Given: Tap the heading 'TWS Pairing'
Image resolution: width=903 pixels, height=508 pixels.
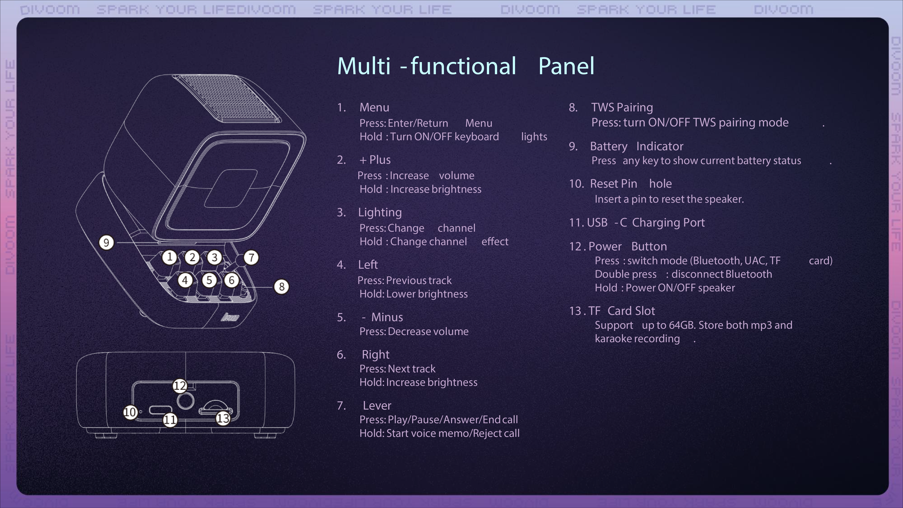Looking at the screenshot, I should click(x=622, y=107).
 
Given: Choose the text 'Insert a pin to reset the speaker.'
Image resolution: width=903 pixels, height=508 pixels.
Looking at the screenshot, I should click(x=669, y=199).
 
